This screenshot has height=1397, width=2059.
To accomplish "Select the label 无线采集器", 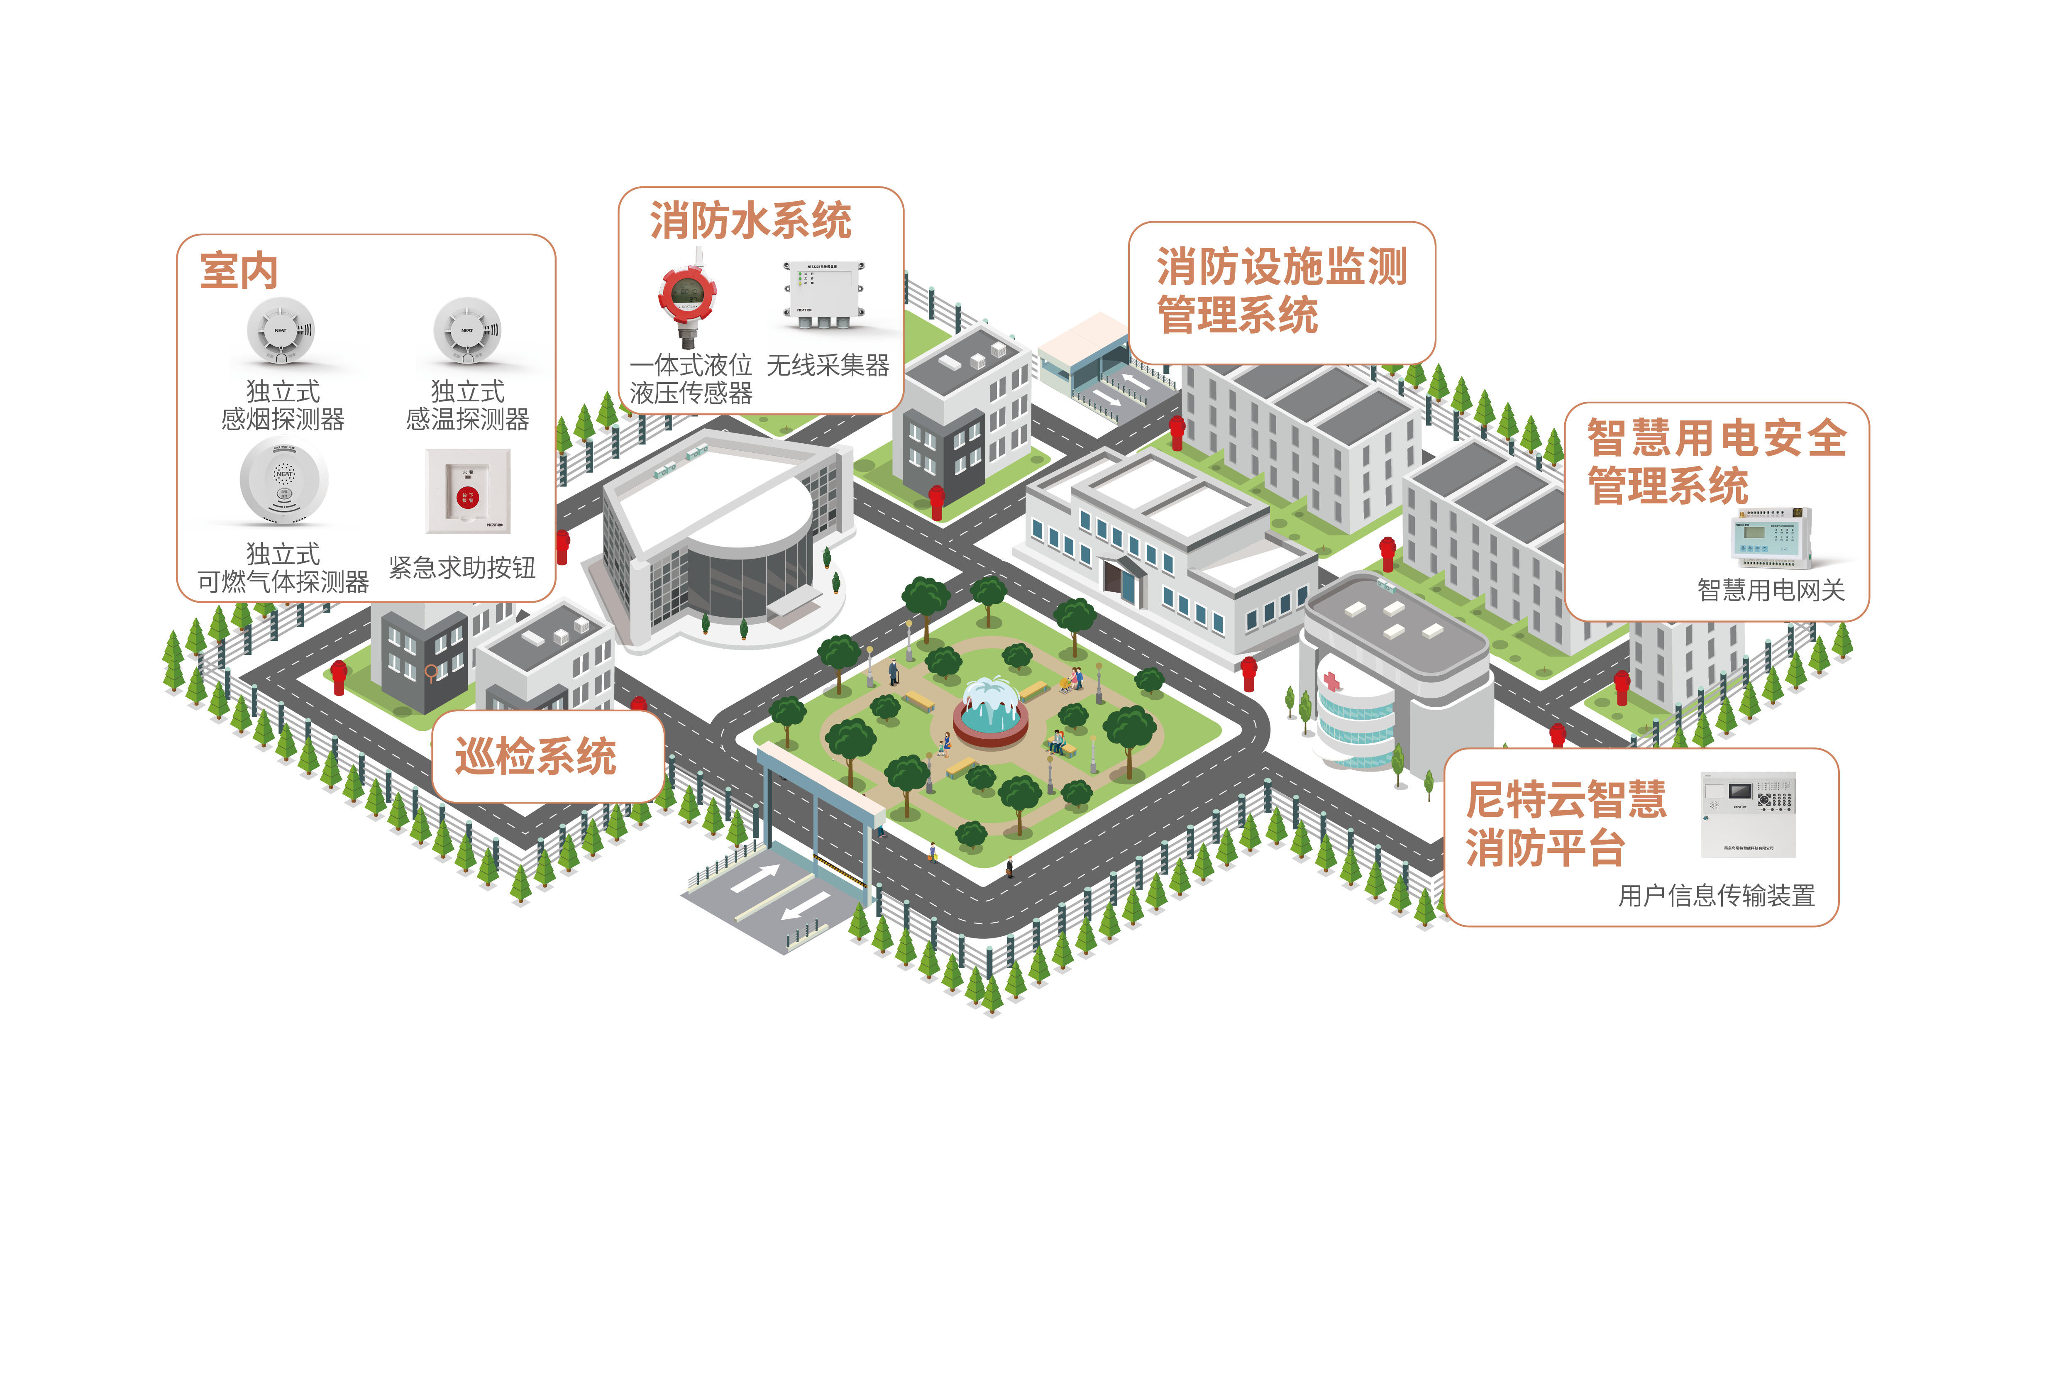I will pyautogui.click(x=828, y=365).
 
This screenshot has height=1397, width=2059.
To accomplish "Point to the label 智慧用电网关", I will pyautogui.click(x=1770, y=590).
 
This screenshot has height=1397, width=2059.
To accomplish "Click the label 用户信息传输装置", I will pyautogui.click(x=1716, y=896).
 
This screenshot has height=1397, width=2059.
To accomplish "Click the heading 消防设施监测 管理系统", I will pyautogui.click(x=1281, y=291).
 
